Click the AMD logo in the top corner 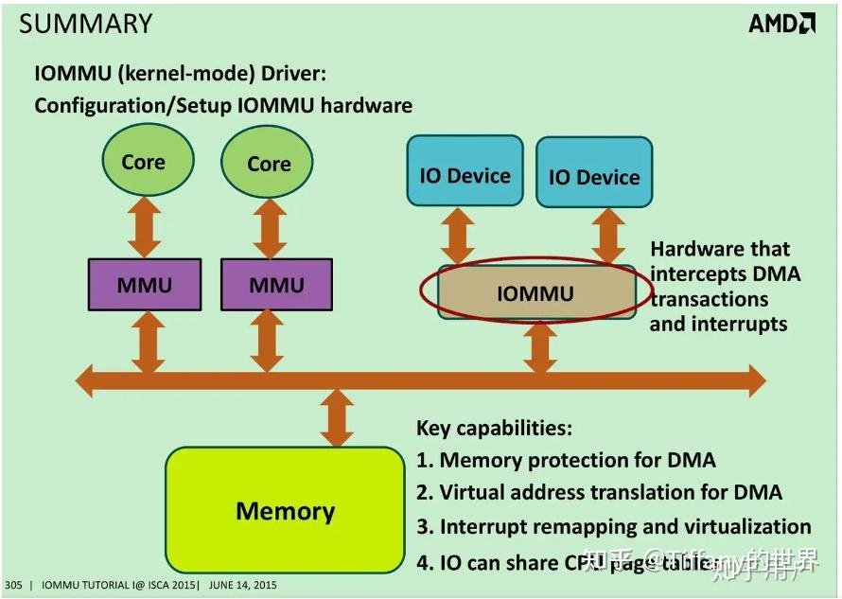click(781, 24)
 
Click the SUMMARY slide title click(85, 25)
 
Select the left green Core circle click(144, 161)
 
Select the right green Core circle click(269, 163)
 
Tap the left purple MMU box click(144, 285)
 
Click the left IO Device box click(465, 175)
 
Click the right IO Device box click(594, 177)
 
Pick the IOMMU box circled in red click(535, 292)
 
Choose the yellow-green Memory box click(285, 512)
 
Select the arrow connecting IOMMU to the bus click(539, 346)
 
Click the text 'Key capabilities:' click(494, 428)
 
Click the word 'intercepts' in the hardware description click(698, 274)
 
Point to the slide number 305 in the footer click(13, 586)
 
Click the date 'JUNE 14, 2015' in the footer click(242, 586)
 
